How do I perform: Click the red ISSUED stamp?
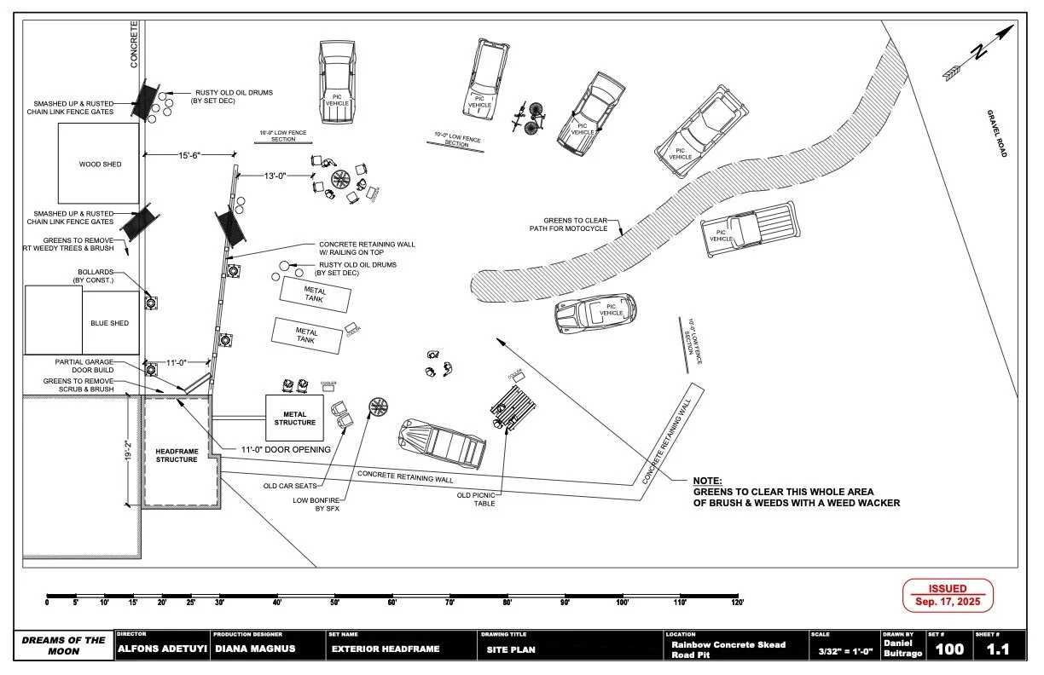pos(948,595)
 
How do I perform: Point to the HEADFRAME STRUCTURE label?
pos(177,454)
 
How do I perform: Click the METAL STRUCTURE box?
pos(294,418)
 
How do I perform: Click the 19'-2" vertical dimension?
pos(128,451)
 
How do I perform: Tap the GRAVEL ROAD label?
pos(996,133)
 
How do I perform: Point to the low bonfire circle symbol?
pos(379,407)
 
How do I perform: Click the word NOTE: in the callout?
pos(707,481)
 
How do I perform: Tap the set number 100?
pos(949,649)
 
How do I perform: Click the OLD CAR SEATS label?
pos(291,487)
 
